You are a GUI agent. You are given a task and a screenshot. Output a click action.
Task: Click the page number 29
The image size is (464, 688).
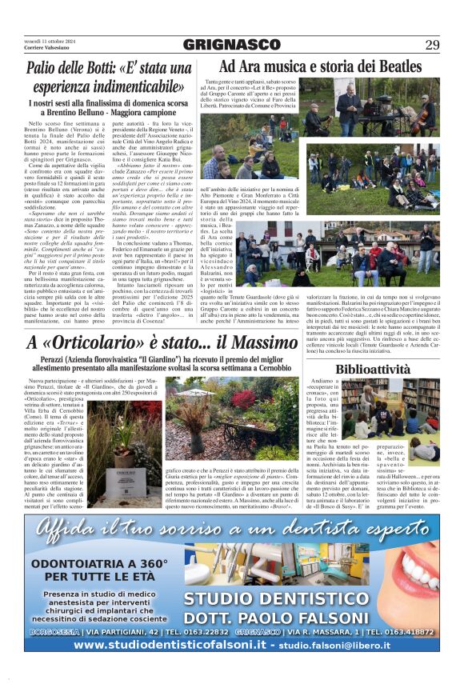(432, 45)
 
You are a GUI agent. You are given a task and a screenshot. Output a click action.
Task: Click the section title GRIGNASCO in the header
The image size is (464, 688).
(231, 45)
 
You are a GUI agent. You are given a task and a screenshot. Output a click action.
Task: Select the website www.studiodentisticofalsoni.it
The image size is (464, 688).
(144, 643)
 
